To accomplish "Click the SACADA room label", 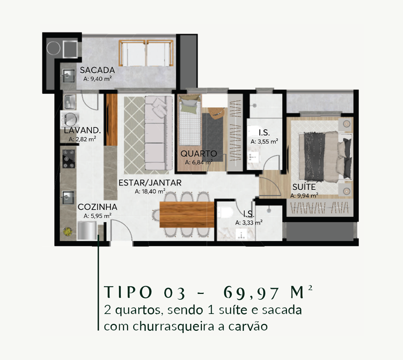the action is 97,70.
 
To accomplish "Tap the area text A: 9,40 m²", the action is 97,79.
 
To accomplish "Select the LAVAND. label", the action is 82,130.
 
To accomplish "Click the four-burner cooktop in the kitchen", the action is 69,159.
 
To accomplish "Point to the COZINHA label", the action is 97,207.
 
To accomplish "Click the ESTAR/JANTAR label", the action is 150,183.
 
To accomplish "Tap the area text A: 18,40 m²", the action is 150,192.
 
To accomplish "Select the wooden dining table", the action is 187,214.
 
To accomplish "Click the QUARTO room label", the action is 199,154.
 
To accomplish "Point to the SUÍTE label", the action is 304,187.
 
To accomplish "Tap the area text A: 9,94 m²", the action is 304,196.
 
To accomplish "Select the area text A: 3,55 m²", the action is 264,141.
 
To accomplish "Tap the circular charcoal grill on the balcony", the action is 53,48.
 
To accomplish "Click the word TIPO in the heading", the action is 128,292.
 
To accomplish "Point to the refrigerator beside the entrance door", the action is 87,231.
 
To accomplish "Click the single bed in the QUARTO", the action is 190,120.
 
